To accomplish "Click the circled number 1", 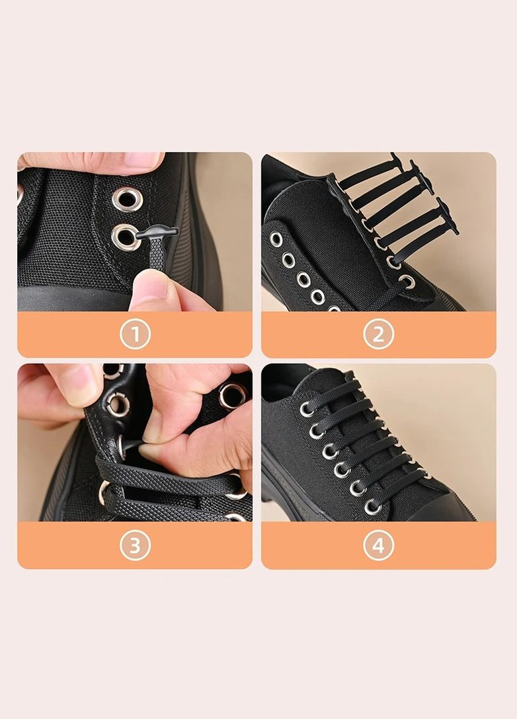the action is (135, 334).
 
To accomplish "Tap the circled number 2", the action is (378, 334).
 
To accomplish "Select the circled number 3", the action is (135, 545).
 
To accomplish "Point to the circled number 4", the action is (378, 545).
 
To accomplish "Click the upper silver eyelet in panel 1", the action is (127, 199).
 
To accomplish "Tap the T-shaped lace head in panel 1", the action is (157, 234).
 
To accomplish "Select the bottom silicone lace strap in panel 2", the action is (424, 243).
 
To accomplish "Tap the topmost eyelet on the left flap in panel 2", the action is (276, 239).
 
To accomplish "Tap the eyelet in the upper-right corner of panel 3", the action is (231, 395).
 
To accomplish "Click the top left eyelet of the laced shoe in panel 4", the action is (306, 408).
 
